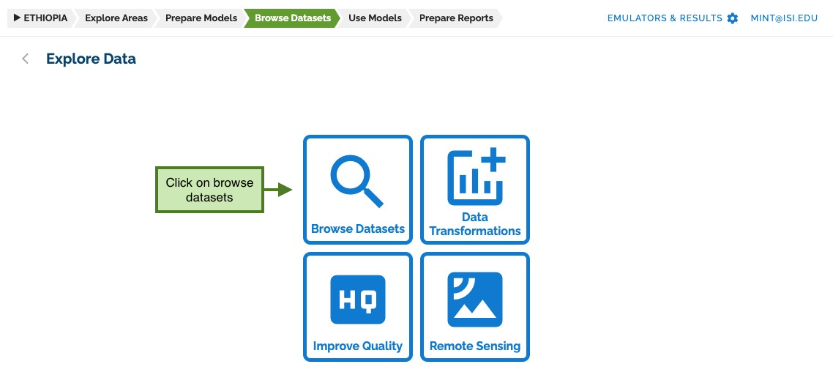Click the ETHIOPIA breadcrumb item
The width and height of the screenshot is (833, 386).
41,18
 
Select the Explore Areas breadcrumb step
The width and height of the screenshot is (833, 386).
116,18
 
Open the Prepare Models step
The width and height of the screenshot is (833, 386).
201,18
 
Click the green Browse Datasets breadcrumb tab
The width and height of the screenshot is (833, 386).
293,18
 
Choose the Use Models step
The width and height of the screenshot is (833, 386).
375,18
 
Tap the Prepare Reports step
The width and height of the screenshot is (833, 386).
456,18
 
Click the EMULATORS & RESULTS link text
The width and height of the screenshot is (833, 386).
665,18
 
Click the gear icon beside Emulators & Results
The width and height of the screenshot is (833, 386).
733,18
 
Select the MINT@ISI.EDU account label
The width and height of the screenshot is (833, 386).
784,18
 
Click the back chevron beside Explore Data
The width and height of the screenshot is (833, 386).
25,59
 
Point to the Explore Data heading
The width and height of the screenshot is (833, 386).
91,59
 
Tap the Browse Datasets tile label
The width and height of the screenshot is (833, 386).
358,229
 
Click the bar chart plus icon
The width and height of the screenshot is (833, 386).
476,177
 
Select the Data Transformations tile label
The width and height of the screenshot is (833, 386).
475,224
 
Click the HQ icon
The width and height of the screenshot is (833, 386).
357,300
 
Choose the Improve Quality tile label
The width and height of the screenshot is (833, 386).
357,346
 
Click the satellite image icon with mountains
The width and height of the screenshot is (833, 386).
475,300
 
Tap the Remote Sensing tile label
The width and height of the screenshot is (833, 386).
475,346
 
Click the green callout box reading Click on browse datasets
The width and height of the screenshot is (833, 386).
210,190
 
